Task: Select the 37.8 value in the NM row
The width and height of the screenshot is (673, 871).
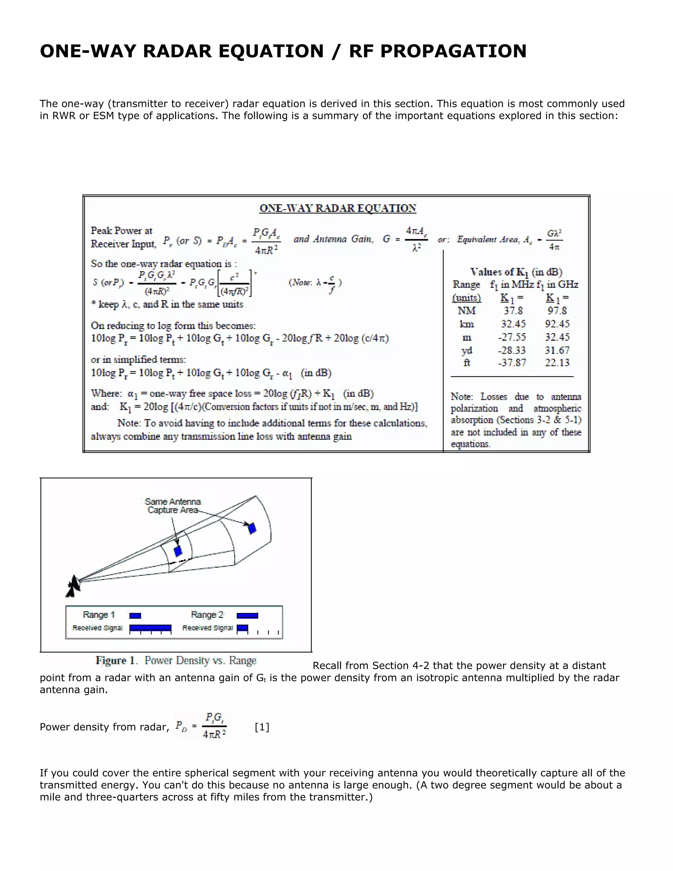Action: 513,311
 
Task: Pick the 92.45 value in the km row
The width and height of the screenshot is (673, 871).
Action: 557,324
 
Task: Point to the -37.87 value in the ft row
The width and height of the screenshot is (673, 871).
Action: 512,363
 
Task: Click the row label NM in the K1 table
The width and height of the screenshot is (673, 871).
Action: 467,311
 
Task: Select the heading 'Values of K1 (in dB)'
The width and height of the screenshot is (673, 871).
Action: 516,272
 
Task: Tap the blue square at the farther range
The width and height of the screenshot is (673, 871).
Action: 252,529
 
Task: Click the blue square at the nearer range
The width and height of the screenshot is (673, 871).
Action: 178,551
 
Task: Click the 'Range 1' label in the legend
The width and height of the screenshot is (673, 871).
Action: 99,615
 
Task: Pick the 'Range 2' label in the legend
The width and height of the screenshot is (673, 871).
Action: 207,615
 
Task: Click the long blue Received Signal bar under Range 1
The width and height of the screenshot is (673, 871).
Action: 150,628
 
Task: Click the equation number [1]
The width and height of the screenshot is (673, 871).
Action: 262,727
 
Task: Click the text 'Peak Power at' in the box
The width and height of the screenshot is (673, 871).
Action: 121,230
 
